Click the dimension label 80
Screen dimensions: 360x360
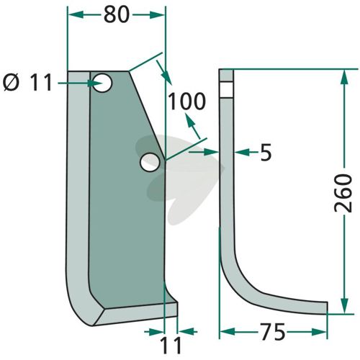coord(117,15)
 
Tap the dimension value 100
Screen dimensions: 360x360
coord(187,102)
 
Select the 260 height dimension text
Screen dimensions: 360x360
coord(343,193)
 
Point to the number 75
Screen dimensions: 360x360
coord(273,333)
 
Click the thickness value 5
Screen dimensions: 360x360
coord(266,153)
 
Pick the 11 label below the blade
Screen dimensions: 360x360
coord(171,346)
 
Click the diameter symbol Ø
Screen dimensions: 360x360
coord(11,83)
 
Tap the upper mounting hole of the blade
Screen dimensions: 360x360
coord(102,83)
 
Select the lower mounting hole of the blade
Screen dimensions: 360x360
coord(150,162)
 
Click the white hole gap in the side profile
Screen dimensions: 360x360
coord(226,89)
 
